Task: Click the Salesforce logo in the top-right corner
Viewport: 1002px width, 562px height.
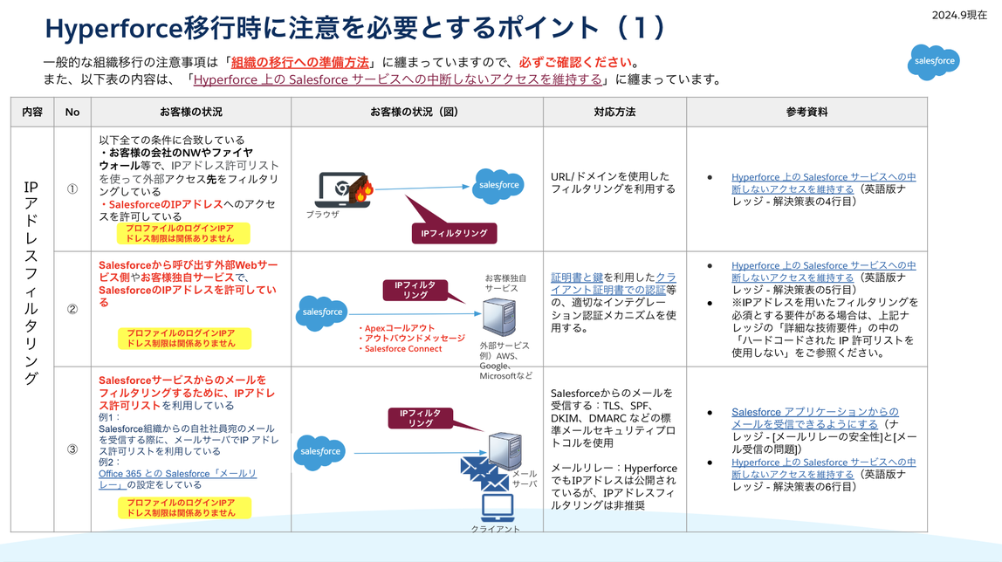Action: point(934,62)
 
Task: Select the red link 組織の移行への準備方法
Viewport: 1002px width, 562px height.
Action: point(299,62)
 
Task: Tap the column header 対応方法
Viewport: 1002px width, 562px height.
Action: point(614,112)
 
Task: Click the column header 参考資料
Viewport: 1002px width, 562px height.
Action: point(806,112)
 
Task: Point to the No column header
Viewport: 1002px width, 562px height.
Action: point(72,112)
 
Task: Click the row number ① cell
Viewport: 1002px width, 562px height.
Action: point(72,188)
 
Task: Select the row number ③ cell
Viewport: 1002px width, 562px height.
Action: point(72,450)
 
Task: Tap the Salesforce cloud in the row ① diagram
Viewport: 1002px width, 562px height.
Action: point(499,185)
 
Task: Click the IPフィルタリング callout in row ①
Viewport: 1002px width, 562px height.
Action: point(454,233)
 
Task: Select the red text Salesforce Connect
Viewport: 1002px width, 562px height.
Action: point(402,349)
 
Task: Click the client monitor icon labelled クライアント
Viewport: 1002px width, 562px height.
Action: point(497,507)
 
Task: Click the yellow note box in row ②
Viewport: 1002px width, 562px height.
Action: point(184,338)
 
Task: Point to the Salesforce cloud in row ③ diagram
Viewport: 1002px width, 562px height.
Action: point(319,451)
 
